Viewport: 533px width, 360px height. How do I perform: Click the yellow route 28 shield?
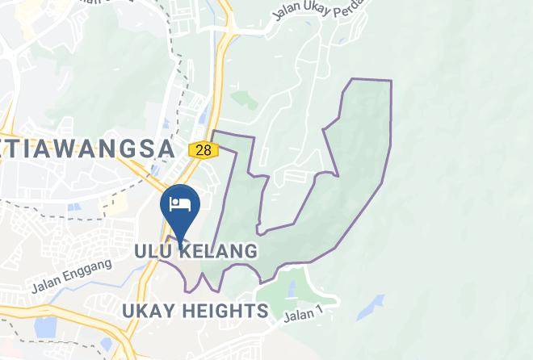pos(202,149)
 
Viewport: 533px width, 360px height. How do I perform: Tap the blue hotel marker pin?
pos(180,208)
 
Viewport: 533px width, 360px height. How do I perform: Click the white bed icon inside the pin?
pos(180,201)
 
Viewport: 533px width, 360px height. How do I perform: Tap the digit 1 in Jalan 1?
pos(322,308)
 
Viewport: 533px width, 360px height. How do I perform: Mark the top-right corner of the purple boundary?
pos(391,81)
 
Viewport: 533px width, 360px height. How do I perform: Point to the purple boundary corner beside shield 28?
pos(213,132)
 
